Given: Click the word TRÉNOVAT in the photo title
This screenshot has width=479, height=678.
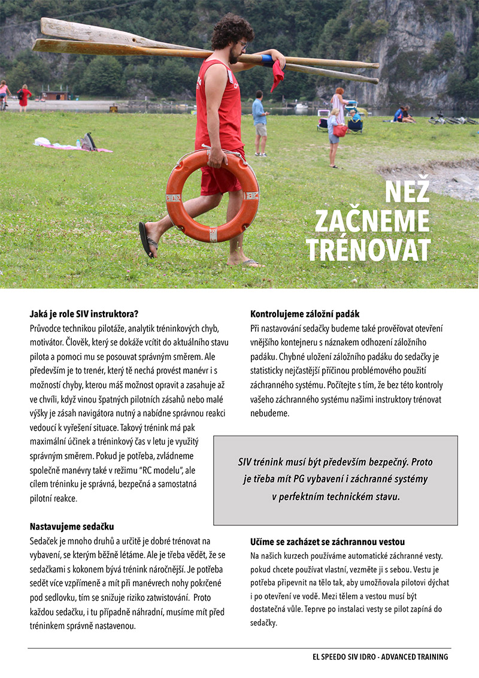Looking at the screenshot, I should pos(368,249).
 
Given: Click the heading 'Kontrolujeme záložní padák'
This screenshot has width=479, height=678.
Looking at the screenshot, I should pos(305,314).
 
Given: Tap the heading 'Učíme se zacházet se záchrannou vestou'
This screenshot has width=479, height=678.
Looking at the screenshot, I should pos(328,541).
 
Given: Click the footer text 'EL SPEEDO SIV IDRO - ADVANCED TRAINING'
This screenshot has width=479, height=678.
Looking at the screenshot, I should pos(380,657).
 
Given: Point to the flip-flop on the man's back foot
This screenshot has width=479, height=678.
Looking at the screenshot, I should pos(147,240).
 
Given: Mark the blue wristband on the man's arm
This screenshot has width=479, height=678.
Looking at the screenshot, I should pos(267,60).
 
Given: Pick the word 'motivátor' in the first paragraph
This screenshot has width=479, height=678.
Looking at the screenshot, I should pos(47,343).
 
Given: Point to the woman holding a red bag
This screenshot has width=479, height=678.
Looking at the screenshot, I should pos(335,129).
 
